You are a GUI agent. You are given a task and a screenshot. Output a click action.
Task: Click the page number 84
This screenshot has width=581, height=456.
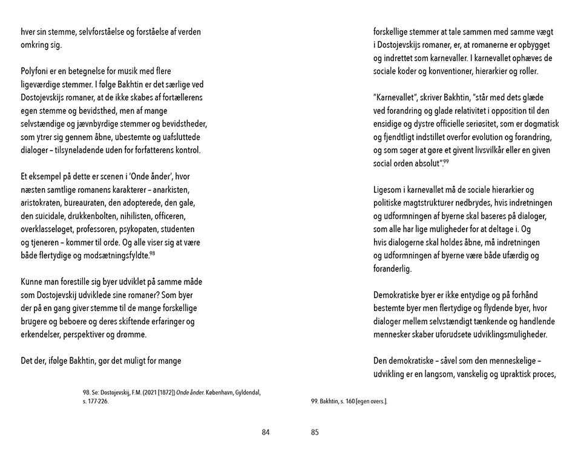(x=265, y=432)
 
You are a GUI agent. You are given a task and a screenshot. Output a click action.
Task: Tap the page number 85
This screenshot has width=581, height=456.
(x=315, y=432)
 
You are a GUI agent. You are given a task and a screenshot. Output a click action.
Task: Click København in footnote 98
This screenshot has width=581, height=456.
(x=205, y=392)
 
